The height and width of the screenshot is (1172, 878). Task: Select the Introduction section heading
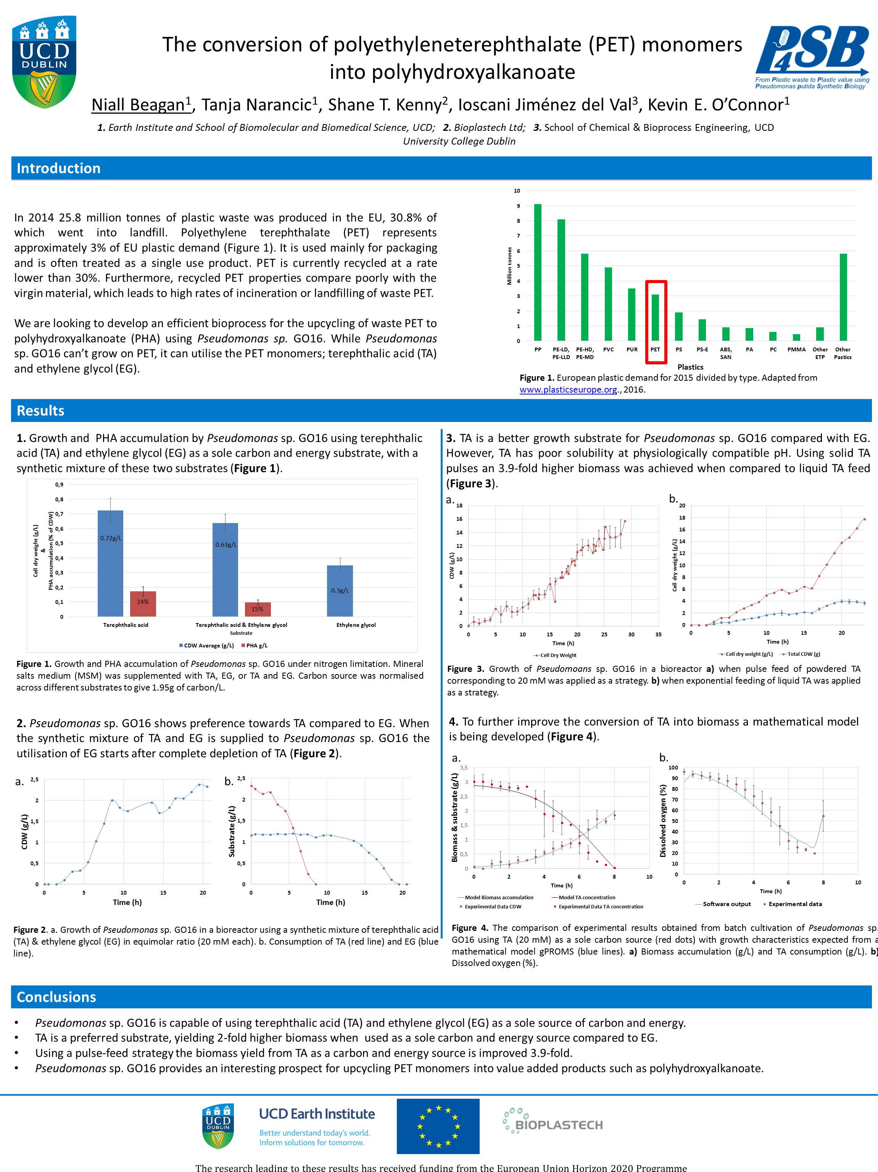[x=58, y=169]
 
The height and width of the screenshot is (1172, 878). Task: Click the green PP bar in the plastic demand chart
[x=538, y=272]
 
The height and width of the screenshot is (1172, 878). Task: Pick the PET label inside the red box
[x=656, y=350]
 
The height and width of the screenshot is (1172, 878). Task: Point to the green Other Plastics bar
[x=843, y=297]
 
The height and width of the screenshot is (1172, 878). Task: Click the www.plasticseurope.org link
[x=568, y=390]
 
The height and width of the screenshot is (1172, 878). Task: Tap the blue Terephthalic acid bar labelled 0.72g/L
[x=110, y=563]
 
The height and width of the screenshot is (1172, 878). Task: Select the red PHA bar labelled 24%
[x=143, y=604]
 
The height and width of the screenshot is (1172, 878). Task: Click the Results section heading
[x=40, y=411]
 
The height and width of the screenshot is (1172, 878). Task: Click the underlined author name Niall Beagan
[x=140, y=105]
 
